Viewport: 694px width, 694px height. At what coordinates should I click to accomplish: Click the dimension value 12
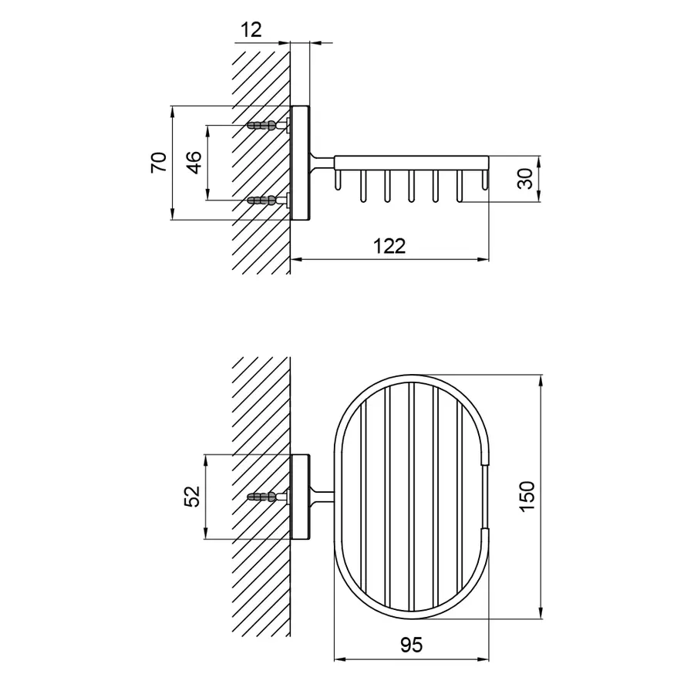coord(251,30)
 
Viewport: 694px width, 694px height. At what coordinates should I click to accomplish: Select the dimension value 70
coord(158,163)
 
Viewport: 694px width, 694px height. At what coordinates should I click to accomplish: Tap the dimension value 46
coord(194,163)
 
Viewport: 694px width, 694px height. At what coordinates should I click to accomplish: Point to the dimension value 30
coord(525,179)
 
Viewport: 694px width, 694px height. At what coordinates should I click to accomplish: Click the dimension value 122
coord(389,246)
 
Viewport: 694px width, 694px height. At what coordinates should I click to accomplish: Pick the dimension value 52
coord(193,497)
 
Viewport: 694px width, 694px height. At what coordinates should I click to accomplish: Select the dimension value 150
coord(527,497)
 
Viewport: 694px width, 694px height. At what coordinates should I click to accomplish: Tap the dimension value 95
coord(411,645)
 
